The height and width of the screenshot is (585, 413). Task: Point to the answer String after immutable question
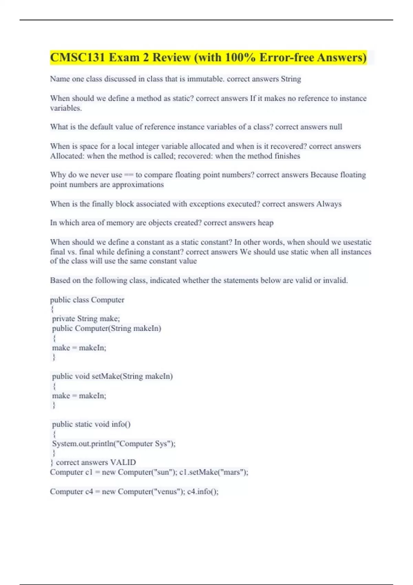pos(291,79)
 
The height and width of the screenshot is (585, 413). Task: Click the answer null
pos(336,127)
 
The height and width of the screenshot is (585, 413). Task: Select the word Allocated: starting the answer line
pos(67,156)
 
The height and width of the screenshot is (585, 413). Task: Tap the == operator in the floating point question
pos(128,175)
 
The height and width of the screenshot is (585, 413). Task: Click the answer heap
pos(265,223)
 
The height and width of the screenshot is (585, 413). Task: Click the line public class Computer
pos(87,300)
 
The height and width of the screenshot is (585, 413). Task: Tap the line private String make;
pos(86,319)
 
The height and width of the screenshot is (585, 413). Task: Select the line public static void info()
pos(91,424)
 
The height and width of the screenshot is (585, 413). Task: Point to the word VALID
pos(123,462)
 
